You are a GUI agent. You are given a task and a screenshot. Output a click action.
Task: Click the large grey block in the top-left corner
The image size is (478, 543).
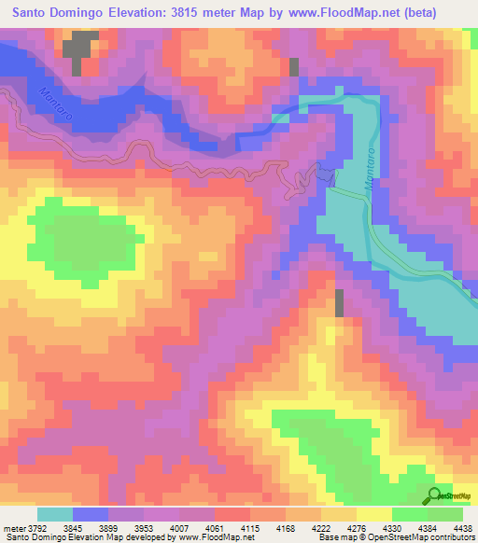(x=80, y=49)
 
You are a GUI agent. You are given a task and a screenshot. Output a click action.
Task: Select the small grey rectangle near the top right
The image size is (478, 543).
(x=294, y=66)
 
